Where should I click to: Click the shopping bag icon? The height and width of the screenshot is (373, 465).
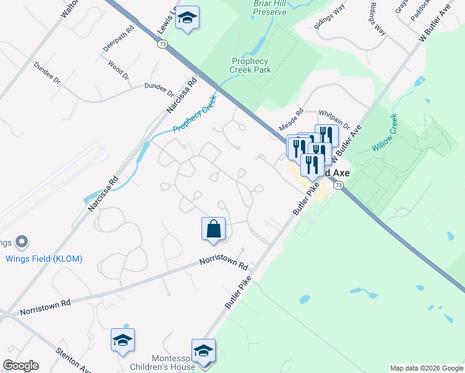pos(213,228)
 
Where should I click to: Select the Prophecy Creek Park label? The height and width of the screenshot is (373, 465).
pos(251,65)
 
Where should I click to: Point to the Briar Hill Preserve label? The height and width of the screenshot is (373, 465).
pos(270,7)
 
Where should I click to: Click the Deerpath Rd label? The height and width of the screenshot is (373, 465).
pos(119,38)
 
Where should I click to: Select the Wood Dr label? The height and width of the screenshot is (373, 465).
pos(118,69)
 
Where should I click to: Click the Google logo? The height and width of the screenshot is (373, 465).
pos(21,366)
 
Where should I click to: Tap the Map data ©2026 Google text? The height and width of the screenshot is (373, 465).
pos(426,368)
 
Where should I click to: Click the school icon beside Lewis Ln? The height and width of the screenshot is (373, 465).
pos(186,18)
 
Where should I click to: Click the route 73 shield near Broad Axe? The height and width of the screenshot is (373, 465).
pos(338,185)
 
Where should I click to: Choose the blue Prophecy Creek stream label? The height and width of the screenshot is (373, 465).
pos(195,114)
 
